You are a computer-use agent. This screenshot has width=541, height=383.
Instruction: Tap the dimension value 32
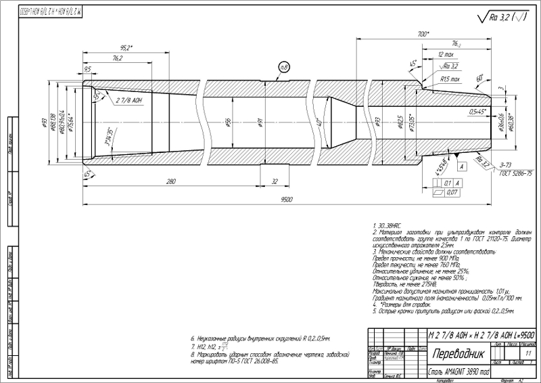point(274,181)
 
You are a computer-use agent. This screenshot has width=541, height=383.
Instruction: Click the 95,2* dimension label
point(125,48)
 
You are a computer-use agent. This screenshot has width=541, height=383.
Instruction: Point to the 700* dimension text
point(423,33)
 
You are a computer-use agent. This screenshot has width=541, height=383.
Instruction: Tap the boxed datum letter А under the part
point(461,166)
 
